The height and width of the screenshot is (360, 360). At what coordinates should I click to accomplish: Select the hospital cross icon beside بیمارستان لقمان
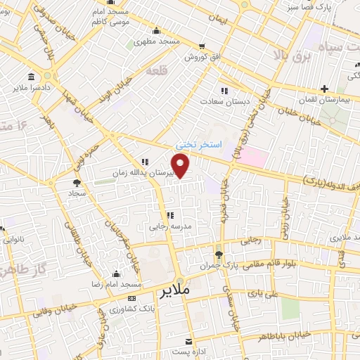coord(324,89)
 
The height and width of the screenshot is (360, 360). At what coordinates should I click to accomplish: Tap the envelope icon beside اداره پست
coord(188,341)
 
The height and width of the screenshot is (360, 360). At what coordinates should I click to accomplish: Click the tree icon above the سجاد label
coord(75,183)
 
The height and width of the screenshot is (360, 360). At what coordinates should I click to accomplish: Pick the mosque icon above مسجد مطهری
coord(156,30)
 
